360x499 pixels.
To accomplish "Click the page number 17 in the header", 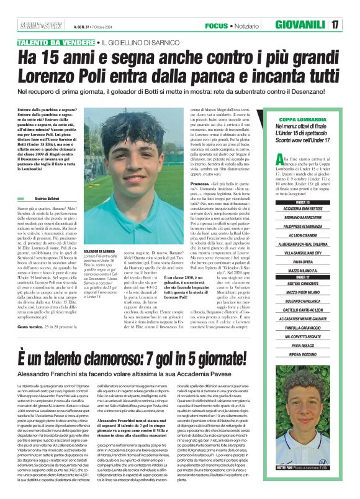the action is (x=334, y=25).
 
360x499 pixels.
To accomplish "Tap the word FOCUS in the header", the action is (x=217, y=25).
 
